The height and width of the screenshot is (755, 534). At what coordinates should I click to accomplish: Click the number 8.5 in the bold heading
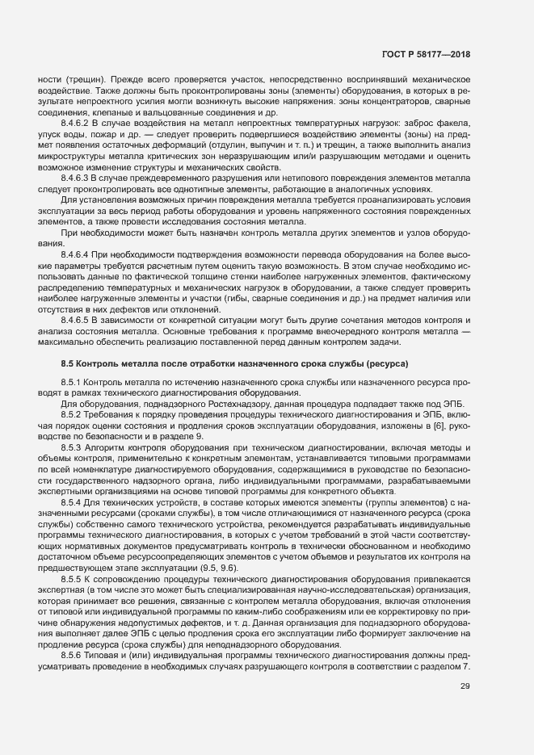coord(69,364)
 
